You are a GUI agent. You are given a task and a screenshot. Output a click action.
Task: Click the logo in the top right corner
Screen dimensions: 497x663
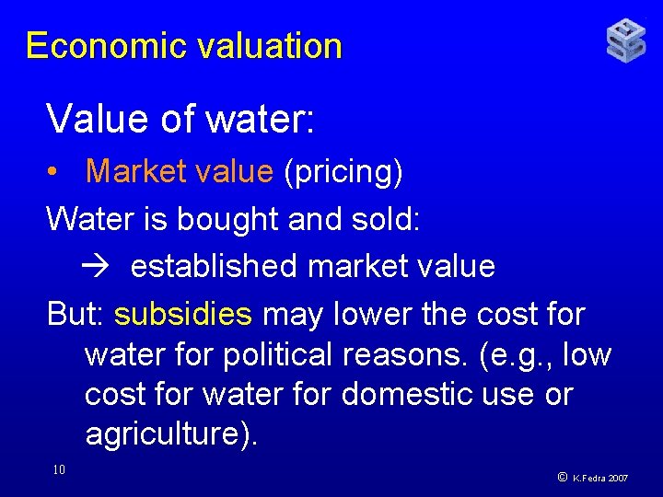[626, 41]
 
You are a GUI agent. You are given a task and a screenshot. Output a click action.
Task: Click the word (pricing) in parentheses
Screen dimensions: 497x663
[343, 171]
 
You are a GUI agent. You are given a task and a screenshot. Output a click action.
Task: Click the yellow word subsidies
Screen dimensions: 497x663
[183, 315]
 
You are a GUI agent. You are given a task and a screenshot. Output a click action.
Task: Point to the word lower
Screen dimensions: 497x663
[368, 315]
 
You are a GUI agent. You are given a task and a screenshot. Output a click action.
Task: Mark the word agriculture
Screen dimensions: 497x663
[167, 433]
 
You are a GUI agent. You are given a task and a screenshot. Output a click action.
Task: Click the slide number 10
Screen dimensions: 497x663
[58, 470]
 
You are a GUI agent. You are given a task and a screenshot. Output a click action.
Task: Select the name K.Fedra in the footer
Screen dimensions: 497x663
[589, 479]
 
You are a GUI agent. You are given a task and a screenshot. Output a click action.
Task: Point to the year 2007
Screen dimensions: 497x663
[617, 479]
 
